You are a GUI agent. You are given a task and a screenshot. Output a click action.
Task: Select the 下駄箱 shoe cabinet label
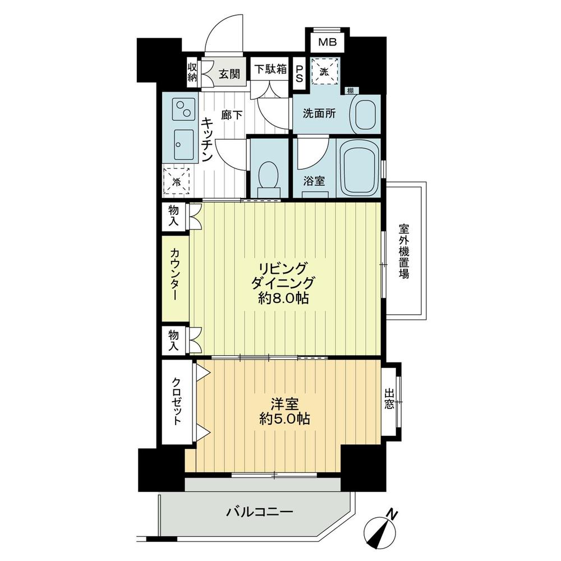point(270,70)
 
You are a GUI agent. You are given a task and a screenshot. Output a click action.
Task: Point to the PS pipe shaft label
point(300,71)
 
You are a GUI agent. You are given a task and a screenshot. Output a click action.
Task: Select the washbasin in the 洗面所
point(365,114)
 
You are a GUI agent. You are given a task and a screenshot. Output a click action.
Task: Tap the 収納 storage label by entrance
point(192,72)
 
